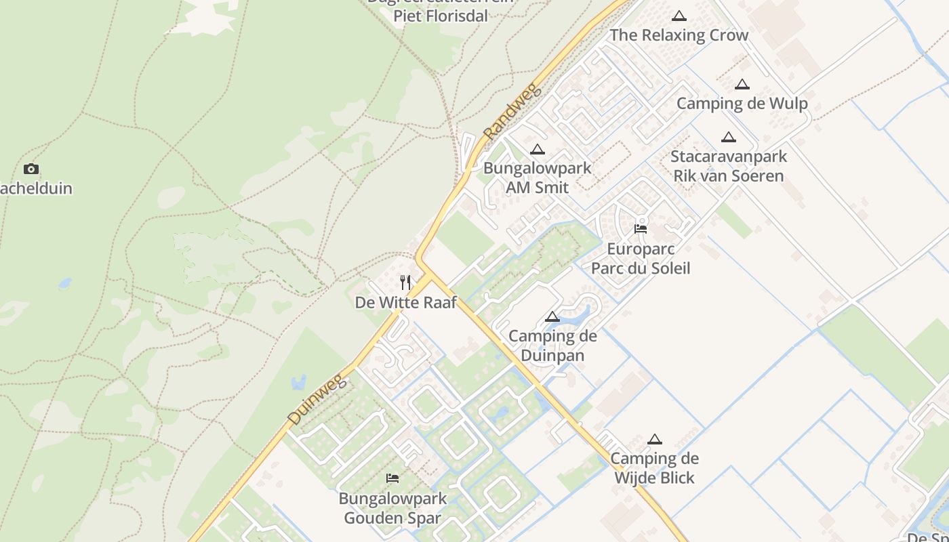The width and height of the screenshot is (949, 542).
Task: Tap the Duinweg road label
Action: [317, 402]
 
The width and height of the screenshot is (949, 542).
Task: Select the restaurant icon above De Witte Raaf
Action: [405, 282]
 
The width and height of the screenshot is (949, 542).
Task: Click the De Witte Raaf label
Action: [406, 302]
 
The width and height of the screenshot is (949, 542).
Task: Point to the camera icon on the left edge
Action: [31, 169]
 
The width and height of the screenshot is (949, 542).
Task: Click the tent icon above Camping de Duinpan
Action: [552, 316]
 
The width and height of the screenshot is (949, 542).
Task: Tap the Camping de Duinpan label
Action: [552, 346]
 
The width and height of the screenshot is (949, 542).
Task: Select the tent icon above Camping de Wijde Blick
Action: [654, 439]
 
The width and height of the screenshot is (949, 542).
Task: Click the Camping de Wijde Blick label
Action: [654, 468]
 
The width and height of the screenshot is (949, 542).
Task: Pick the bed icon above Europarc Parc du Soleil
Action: [641, 229]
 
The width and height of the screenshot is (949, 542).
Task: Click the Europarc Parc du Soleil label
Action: [641, 258]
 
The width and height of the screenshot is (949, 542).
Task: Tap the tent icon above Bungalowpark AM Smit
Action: [538, 149]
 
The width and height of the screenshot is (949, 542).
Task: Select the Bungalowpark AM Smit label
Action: [538, 178]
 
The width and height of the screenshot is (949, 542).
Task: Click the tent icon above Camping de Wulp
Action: [742, 84]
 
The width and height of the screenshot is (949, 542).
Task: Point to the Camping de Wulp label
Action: [742, 104]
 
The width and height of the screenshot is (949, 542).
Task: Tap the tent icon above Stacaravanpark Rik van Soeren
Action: [729, 137]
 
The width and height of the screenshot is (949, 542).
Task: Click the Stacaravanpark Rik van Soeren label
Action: [729, 166]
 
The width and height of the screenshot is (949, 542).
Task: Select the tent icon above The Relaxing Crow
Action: [679, 16]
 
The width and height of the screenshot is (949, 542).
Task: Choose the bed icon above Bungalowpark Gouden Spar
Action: [392, 478]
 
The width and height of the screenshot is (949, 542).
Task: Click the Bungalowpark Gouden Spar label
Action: [392, 508]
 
